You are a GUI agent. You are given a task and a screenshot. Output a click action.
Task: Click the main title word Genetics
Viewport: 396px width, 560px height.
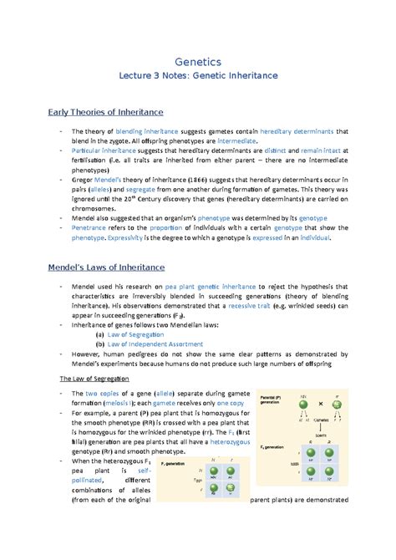[x=197, y=62]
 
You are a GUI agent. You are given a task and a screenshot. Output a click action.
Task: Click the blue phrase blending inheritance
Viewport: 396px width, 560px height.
[x=147, y=132]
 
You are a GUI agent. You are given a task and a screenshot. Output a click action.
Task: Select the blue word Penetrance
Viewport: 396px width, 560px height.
[x=94, y=227]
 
